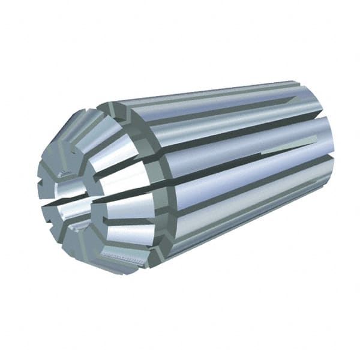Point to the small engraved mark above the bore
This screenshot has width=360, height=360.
pyautogui.click(x=65, y=173)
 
